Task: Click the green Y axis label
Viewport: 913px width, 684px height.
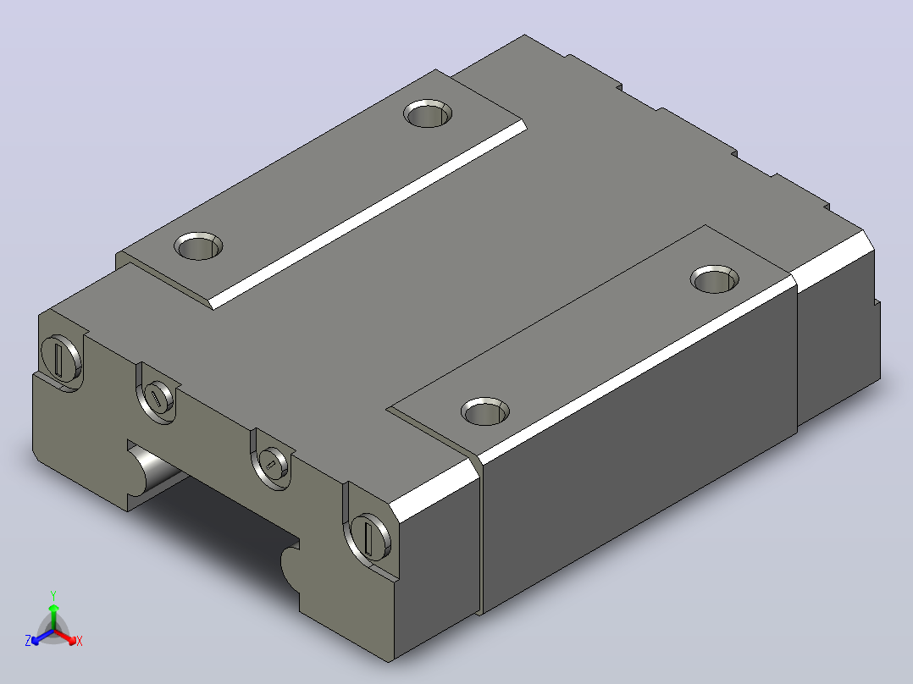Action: (53, 595)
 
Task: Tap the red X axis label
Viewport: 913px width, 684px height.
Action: (80, 641)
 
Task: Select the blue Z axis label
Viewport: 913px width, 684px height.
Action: (28, 641)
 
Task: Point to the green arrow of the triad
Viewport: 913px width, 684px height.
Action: (53, 617)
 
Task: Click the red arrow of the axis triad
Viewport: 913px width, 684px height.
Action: (65, 636)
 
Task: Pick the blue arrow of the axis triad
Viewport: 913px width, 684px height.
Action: (42, 637)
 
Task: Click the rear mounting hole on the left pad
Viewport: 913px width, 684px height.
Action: (428, 113)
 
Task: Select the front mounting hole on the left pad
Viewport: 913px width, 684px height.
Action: (198, 246)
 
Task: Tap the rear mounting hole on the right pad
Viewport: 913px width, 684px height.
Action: (715, 279)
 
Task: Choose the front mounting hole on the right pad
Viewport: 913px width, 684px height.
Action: (485, 411)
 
